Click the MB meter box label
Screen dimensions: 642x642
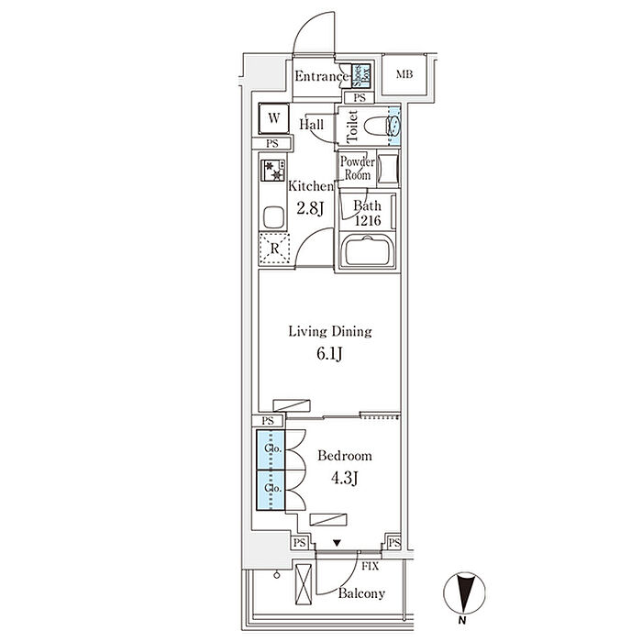(404, 75)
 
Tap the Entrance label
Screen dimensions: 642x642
(321, 77)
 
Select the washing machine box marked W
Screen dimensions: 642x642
(273, 119)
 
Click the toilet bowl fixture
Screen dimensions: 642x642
(377, 127)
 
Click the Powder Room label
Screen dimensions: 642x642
(358, 168)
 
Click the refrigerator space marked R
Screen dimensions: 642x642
(273, 248)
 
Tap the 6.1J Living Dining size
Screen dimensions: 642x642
(329, 352)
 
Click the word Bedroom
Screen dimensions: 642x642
(345, 456)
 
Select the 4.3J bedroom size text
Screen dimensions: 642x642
(345, 477)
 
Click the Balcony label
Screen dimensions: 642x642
(360, 593)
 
